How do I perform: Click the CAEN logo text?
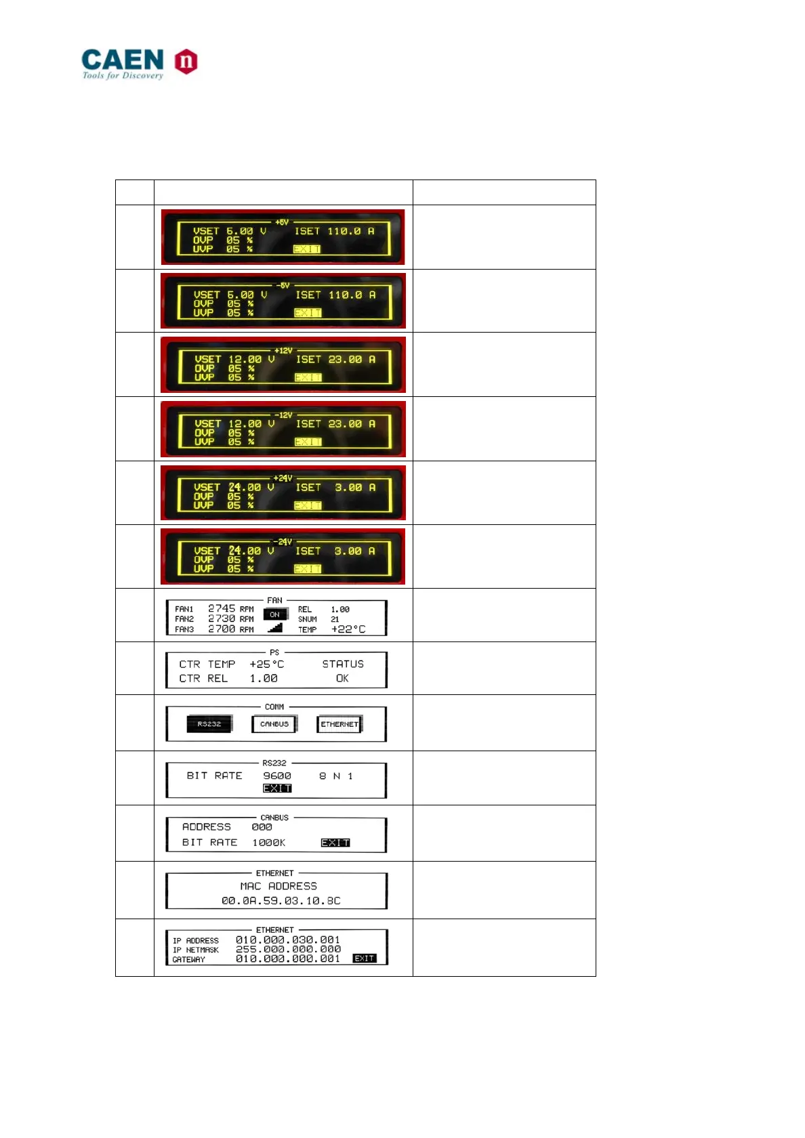coord(123,60)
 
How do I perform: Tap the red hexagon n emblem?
coord(186,62)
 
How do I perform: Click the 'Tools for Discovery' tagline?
coord(123,75)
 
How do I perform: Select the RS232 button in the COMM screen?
coord(209,724)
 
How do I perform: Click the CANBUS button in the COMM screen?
coord(274,724)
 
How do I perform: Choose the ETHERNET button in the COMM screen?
coord(339,724)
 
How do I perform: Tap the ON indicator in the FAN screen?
coord(274,614)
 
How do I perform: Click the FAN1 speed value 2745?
coord(222,608)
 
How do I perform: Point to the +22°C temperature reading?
coord(348,629)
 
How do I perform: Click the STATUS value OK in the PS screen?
coord(342,678)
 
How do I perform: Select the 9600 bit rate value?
coord(277,776)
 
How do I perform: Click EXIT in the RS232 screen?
coord(277,788)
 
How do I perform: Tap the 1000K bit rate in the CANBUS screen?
coord(269,843)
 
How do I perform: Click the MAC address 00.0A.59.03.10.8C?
coord(281,901)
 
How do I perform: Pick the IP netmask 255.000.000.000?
coord(288,949)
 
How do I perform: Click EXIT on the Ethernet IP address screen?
coord(365,958)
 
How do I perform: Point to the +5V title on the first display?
coord(282,222)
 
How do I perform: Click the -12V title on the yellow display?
coord(283,415)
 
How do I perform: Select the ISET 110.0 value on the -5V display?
coord(345,295)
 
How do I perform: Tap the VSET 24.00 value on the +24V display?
coord(245,487)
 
